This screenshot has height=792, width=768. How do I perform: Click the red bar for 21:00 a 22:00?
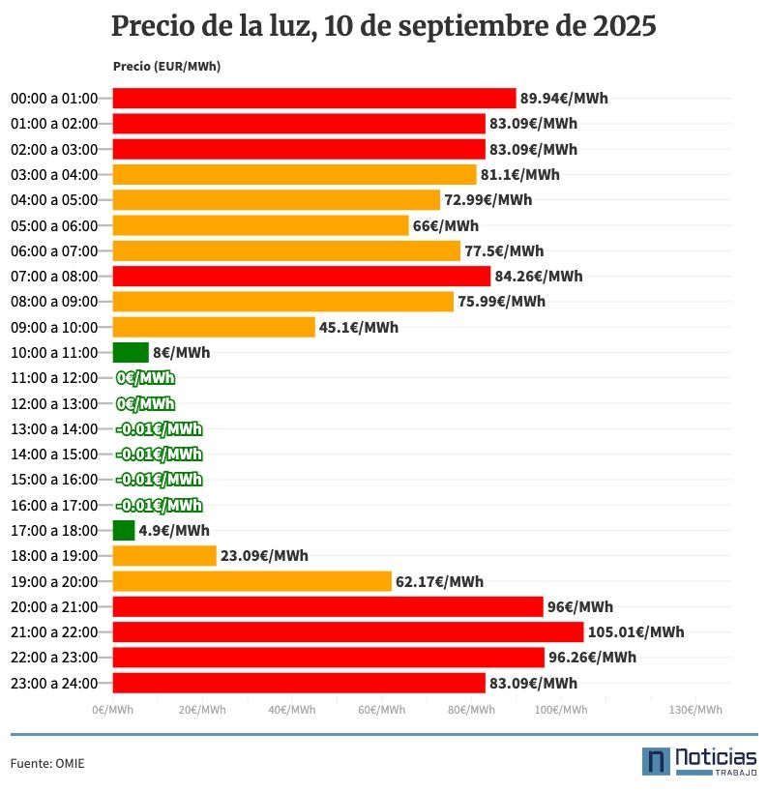coord(348,632)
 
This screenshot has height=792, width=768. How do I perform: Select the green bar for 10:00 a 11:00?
coord(131,352)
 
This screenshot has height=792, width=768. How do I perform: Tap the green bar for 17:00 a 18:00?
coord(124,530)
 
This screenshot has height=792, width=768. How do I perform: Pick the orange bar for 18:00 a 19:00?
coord(164,556)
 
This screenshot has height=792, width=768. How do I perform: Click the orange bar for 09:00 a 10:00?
coord(214,327)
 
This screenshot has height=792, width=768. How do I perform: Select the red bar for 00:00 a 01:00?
coord(314,98)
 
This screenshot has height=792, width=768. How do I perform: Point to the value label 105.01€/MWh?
coord(635,632)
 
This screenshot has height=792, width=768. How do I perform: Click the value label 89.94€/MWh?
coord(564,98)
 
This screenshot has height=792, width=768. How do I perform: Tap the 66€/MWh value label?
coord(446,225)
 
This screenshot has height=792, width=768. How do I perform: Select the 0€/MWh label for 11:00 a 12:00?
coord(145,378)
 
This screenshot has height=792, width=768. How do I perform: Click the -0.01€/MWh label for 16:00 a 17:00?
coord(159,505)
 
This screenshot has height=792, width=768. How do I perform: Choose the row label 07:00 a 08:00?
coord(54,277)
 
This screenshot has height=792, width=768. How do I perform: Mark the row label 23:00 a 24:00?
coord(54,684)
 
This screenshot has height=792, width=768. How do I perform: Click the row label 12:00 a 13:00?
coord(54,403)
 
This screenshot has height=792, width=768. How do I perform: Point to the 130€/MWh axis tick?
coord(695,710)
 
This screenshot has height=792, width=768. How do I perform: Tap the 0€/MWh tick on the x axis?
coord(113,710)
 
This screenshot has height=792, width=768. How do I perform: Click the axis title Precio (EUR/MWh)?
coord(166,67)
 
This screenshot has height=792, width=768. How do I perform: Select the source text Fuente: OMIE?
coord(47,764)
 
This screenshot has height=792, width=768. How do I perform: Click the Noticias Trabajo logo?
coord(699,760)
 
